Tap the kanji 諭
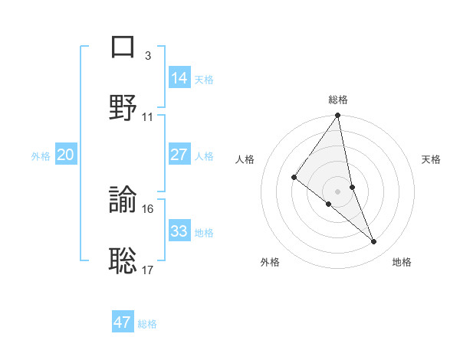point(123,201)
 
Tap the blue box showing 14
point(179,77)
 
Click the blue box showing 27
point(179,155)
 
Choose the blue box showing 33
point(179,231)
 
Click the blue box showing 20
point(65,155)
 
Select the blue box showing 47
point(123,322)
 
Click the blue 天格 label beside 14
point(204,79)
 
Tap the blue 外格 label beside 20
point(41,156)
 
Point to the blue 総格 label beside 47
point(147,324)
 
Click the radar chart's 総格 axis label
point(338,100)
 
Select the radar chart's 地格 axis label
point(402,262)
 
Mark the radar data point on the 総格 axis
point(338,116)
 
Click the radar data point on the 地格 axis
point(374,241)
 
